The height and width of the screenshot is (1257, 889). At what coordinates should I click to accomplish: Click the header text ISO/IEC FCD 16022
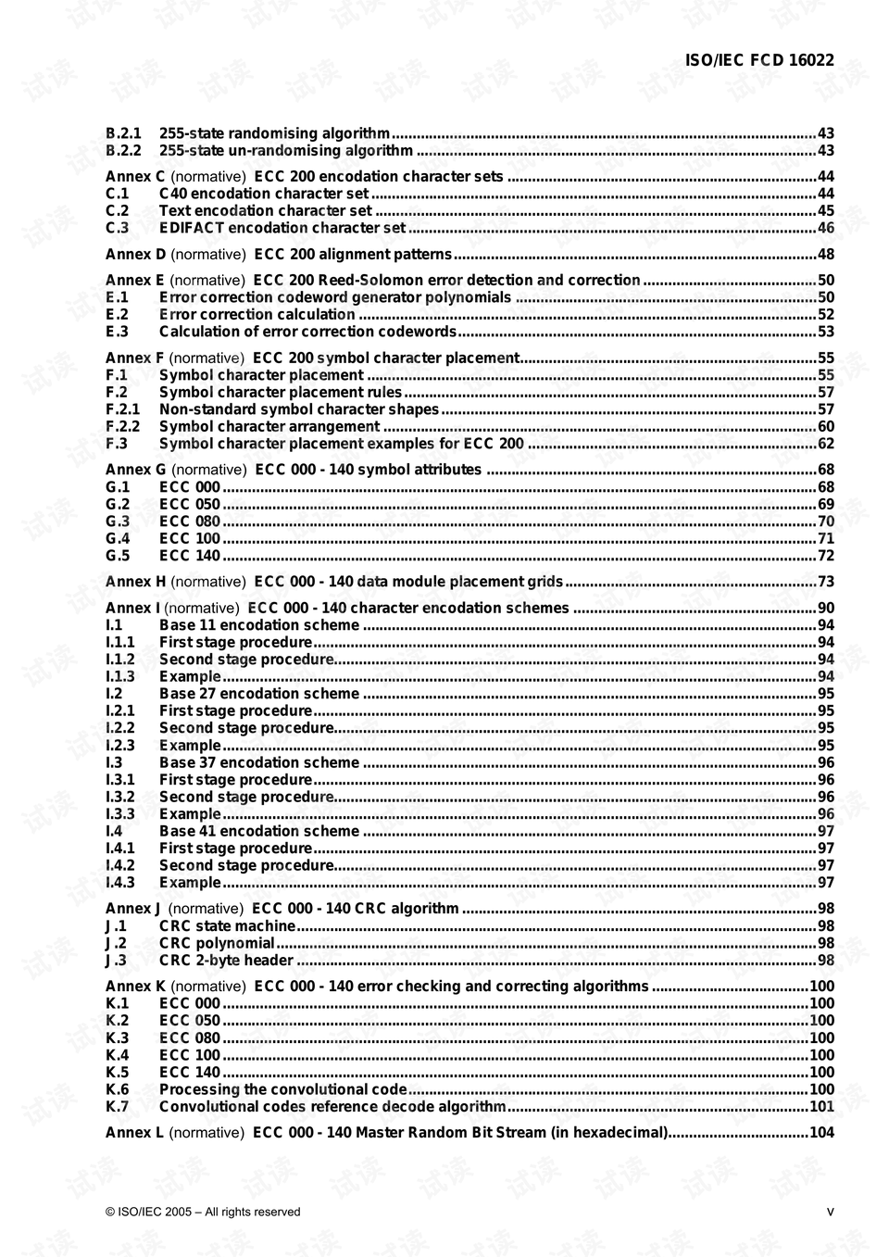click(x=758, y=60)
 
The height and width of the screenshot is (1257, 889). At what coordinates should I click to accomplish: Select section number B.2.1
click(x=123, y=133)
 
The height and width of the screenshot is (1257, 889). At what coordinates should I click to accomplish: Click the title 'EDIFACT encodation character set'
click(x=282, y=228)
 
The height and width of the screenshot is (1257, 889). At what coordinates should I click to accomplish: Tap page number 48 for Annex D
click(x=825, y=255)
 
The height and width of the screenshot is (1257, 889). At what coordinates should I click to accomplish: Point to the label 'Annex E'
click(x=135, y=281)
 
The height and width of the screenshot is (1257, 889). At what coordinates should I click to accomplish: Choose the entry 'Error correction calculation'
click(x=257, y=315)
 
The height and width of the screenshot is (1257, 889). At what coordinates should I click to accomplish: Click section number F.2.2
click(x=122, y=427)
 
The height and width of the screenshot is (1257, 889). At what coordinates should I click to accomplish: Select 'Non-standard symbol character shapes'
click(x=298, y=409)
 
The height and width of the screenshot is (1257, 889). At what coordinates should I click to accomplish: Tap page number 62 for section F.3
click(x=825, y=444)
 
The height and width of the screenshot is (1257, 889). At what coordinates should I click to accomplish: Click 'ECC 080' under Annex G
click(x=190, y=522)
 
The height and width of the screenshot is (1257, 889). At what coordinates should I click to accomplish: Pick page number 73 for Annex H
click(x=825, y=582)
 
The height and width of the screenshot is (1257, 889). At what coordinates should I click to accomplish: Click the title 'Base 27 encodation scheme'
click(x=258, y=694)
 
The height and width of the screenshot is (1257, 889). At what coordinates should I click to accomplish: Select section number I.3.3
click(x=119, y=814)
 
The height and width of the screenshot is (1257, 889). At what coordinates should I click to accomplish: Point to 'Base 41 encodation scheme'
click(x=258, y=832)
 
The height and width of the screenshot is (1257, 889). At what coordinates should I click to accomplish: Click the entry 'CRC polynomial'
click(x=217, y=944)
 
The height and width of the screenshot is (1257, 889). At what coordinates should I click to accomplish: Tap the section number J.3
click(x=116, y=961)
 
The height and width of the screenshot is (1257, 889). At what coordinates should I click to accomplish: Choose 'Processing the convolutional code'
click(x=282, y=1090)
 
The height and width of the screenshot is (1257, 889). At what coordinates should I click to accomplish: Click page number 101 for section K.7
click(x=821, y=1107)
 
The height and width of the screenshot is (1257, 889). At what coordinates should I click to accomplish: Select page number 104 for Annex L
click(x=821, y=1133)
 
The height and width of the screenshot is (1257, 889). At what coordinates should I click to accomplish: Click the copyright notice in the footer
click(x=203, y=1212)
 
